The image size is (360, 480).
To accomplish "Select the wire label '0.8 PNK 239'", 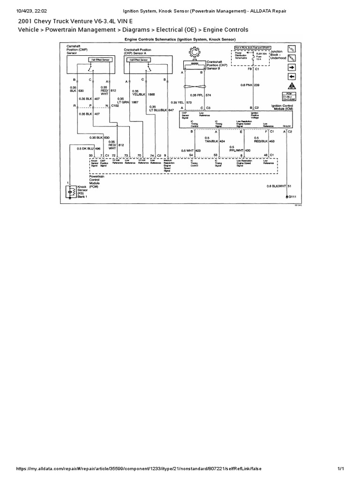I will click(250, 85).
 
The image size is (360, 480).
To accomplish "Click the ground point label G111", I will click(292, 197).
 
